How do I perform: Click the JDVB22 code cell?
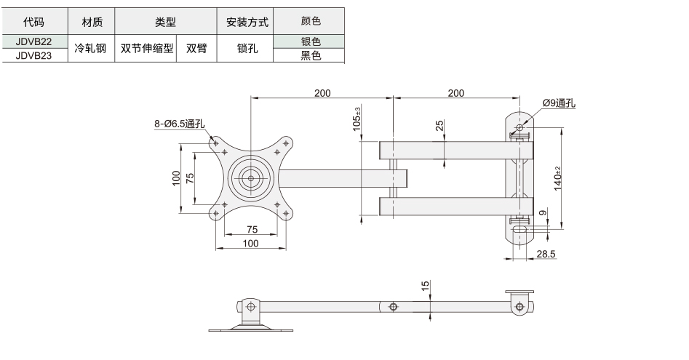click(x=35, y=41)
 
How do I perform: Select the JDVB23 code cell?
click(x=35, y=55)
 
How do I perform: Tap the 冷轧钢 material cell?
click(x=91, y=48)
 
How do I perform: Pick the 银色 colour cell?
click(x=309, y=41)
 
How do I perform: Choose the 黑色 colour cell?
click(x=309, y=55)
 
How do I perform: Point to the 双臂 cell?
click(x=196, y=48)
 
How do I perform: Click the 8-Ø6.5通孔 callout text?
click(x=179, y=124)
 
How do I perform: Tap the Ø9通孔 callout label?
click(x=559, y=103)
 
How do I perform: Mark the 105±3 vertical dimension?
click(x=357, y=119)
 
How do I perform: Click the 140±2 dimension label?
click(x=557, y=178)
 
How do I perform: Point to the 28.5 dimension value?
click(x=546, y=254)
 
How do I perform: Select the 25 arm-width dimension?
click(x=439, y=126)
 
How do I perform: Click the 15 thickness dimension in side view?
click(x=425, y=287)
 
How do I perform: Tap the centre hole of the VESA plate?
click(x=251, y=179)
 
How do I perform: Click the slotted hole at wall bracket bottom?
click(x=520, y=230)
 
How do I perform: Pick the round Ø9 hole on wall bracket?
click(x=519, y=128)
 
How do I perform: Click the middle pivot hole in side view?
click(x=394, y=307)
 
